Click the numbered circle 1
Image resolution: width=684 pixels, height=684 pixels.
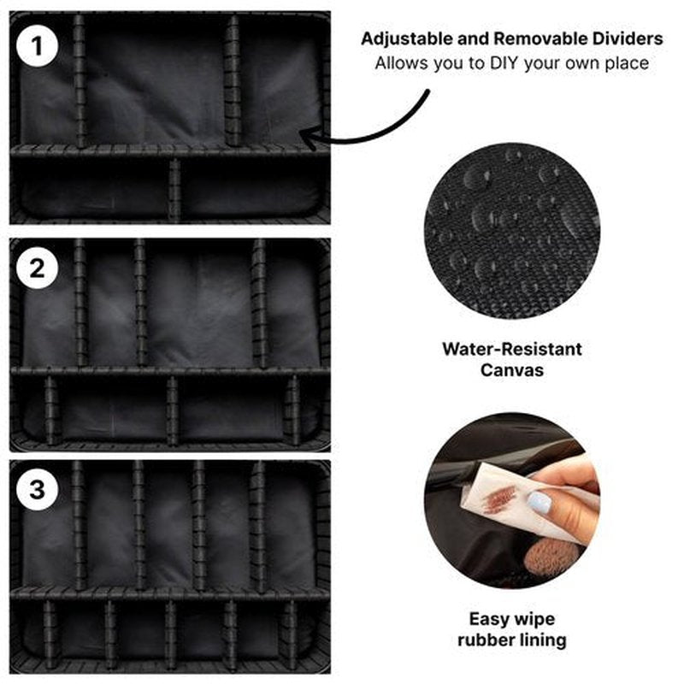37,46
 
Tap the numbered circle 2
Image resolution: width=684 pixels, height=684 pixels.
37,268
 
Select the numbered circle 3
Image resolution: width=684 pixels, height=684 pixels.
37,489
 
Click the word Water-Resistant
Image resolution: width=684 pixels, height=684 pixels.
511,349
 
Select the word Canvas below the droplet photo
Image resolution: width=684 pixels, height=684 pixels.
511,370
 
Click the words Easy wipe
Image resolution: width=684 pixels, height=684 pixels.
511,618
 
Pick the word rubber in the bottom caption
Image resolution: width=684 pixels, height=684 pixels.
486,640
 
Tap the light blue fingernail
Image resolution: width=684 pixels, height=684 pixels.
540,503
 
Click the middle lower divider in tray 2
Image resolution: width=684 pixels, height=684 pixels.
173,410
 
